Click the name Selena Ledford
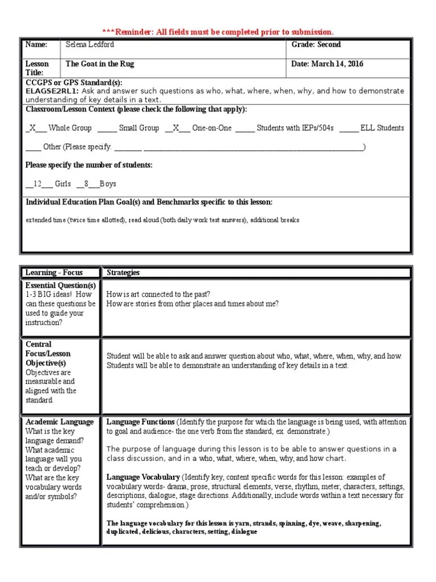coord(91,45)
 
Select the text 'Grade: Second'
coord(316,44)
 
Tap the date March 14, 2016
coord(328,64)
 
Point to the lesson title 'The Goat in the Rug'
coord(100,64)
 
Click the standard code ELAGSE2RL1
coord(52,91)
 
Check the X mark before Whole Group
coord(32,128)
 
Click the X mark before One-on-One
coord(176,128)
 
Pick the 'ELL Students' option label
coord(382,128)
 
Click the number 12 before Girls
coord(38,184)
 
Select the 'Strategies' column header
coord(123,273)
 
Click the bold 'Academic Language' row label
coord(60,422)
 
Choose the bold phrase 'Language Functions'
coord(140,422)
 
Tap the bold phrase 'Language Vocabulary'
coord(143,477)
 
